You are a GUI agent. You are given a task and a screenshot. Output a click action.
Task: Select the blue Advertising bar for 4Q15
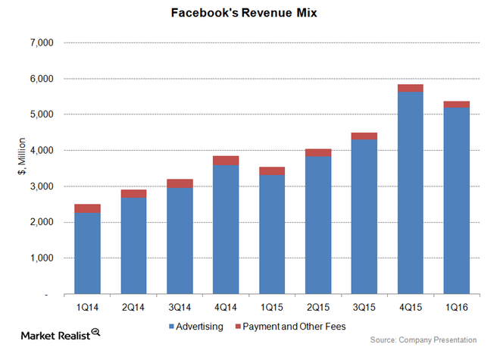click(410, 193)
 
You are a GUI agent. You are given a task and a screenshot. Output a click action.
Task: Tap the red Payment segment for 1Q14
click(88, 208)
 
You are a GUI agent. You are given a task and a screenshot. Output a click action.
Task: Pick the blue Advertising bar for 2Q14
click(134, 246)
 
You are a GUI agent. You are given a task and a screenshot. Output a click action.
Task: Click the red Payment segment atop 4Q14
click(226, 160)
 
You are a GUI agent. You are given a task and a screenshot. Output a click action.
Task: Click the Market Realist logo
click(58, 333)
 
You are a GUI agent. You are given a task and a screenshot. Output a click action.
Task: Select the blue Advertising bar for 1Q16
click(456, 201)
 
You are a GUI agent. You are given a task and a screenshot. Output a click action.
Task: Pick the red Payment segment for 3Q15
click(364, 136)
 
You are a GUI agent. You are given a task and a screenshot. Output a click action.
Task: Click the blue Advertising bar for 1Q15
click(272, 235)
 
